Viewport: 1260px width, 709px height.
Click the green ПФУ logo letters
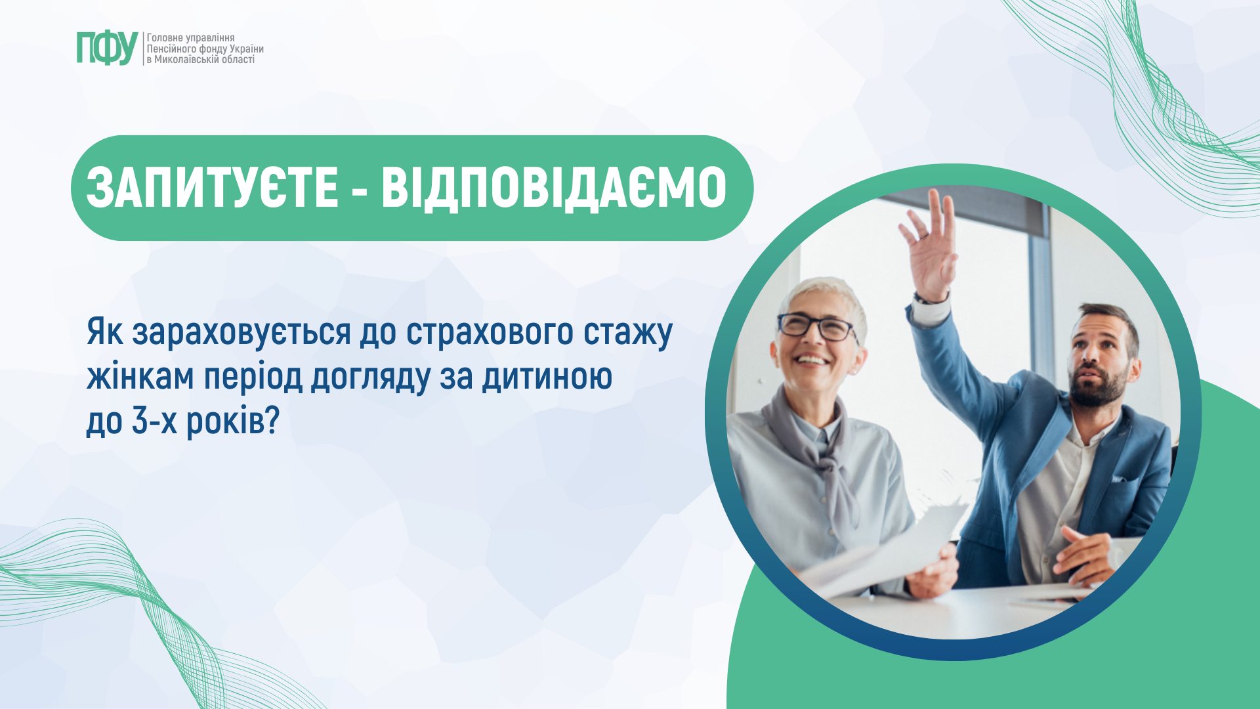tap(107, 48)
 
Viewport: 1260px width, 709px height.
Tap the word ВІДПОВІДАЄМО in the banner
tap(555, 188)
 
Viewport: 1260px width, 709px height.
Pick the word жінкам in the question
tap(140, 377)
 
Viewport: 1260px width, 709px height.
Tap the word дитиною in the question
tap(547, 377)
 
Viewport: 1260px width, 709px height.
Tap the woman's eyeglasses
tap(816, 326)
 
